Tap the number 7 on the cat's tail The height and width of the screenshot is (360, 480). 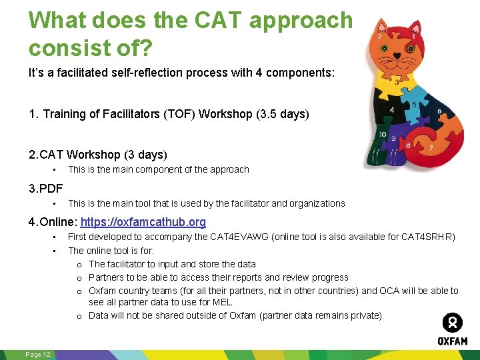(431, 147)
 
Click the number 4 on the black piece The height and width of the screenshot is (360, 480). (392, 110)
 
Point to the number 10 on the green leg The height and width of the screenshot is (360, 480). (382, 135)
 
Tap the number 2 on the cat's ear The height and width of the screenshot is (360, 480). (380, 37)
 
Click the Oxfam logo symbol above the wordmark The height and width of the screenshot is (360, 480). (452, 323)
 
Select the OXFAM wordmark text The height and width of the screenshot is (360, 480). (452, 341)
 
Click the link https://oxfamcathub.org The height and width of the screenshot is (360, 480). (143, 222)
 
